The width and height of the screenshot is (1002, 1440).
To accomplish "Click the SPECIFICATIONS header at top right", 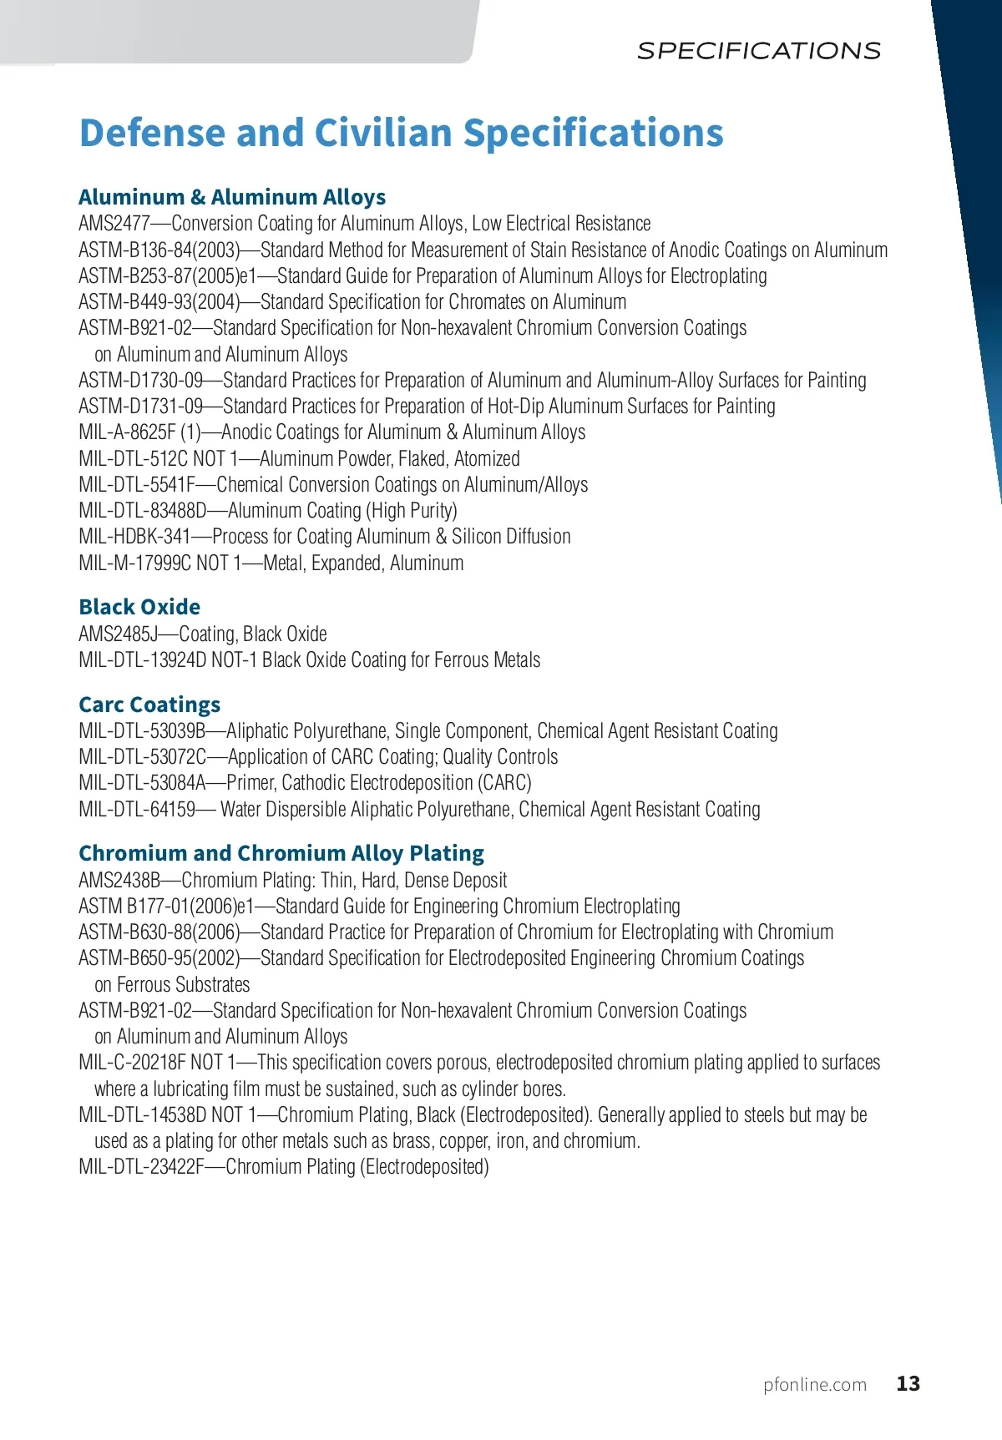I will click(758, 51).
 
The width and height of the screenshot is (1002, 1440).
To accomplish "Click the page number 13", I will click(908, 1384).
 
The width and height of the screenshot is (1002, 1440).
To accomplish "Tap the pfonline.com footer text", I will click(815, 1385).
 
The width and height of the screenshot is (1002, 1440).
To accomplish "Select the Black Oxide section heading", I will click(139, 607).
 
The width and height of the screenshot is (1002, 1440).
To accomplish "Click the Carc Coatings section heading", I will click(149, 705).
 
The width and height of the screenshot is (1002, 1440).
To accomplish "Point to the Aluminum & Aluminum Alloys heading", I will click(232, 197).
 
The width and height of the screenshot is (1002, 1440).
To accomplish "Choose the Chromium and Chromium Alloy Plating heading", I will click(281, 853).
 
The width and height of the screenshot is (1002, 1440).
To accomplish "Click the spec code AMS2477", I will click(114, 224).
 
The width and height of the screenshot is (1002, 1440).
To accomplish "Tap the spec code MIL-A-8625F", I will click(127, 432).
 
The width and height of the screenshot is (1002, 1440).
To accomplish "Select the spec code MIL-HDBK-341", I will click(134, 537).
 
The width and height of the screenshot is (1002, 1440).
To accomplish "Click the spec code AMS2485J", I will click(118, 634).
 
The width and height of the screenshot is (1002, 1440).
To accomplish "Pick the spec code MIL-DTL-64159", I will click(137, 810).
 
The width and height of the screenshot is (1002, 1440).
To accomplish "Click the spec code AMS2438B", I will click(119, 881).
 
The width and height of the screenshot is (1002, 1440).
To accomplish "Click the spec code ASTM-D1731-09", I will click(140, 407).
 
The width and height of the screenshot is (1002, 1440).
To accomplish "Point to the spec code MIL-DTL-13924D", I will click(142, 660).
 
